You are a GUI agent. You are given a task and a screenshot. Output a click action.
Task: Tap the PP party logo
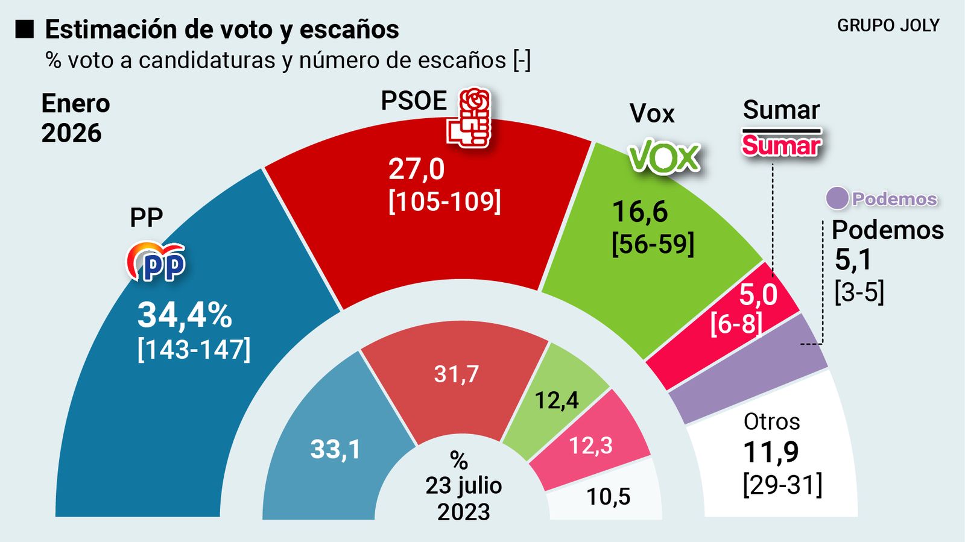[x=156, y=262]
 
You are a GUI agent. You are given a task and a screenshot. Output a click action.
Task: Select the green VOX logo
[x=664, y=157]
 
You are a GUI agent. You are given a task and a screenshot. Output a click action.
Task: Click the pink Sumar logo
[x=781, y=145]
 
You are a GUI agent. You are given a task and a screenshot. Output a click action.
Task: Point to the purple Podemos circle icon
[x=837, y=198]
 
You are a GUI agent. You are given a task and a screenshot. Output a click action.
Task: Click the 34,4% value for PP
[x=185, y=315]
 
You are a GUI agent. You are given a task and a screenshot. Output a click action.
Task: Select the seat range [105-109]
[x=445, y=201]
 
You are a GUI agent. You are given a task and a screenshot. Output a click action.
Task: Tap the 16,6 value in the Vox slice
[x=640, y=212]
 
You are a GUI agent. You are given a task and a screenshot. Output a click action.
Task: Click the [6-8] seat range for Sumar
[x=736, y=324]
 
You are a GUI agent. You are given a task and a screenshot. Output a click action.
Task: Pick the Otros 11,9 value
[x=771, y=452]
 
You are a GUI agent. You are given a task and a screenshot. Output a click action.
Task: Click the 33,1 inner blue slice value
[x=335, y=449]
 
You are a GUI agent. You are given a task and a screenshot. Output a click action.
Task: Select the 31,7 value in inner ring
[x=457, y=374]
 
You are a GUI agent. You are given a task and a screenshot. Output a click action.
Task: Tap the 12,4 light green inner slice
[x=557, y=400]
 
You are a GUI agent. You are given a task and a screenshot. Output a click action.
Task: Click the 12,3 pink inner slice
[x=590, y=446]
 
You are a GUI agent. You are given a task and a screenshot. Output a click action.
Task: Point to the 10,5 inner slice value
[x=608, y=497]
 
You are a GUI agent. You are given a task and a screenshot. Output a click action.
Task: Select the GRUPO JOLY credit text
[x=888, y=25]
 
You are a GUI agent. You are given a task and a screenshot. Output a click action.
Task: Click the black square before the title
[x=25, y=29]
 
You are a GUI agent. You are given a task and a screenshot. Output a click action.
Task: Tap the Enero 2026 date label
[x=75, y=118]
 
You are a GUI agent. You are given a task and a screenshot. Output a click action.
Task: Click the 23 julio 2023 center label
[x=463, y=499]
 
